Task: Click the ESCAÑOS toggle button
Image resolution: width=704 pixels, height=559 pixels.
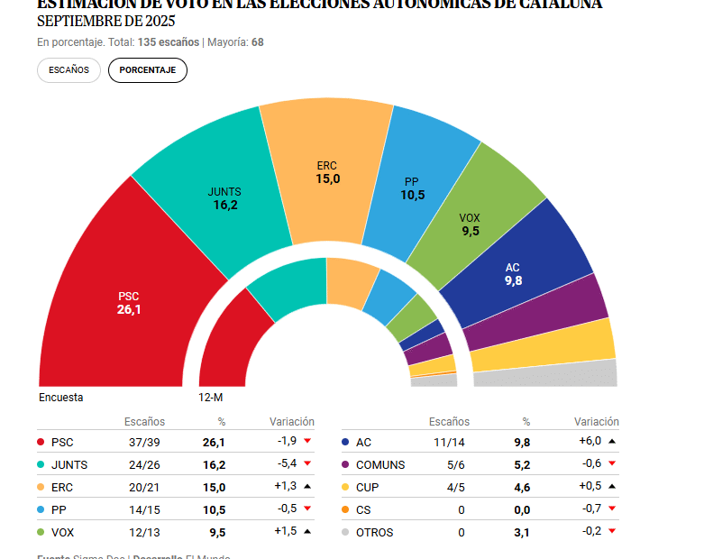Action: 69,70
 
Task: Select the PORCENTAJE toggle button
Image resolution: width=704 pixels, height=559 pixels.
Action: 148,70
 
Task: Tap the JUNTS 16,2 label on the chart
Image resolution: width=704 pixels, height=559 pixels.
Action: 224,198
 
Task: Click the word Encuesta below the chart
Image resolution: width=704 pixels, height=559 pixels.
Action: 61,397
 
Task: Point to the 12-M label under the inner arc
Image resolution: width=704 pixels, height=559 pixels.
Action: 211,397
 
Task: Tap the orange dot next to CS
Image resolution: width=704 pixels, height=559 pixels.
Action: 345,509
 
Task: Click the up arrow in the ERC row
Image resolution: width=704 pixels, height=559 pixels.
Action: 307,487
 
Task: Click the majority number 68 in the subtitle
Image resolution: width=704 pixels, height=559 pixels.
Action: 258,42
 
